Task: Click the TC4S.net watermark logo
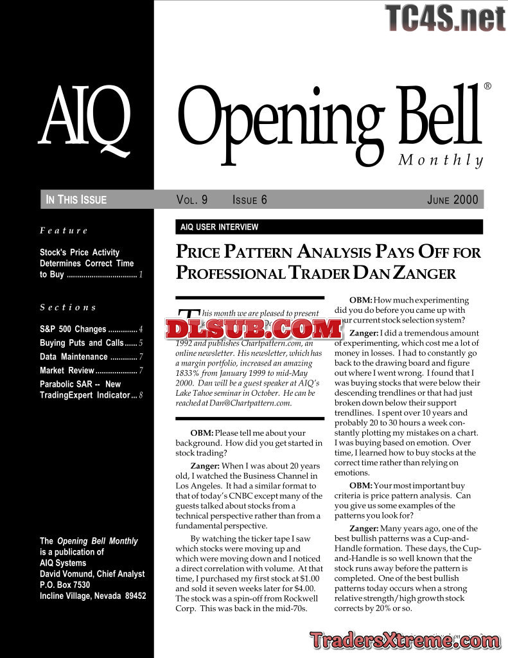click(446, 17)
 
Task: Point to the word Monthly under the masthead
click(440, 160)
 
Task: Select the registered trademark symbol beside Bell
click(487, 86)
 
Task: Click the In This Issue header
click(76, 200)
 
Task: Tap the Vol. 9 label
click(191, 200)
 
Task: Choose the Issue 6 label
click(249, 200)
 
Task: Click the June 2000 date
click(452, 200)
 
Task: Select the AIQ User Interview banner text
click(219, 227)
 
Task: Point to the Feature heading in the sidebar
click(64, 230)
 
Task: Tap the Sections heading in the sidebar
click(67, 307)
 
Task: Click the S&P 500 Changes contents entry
click(73, 329)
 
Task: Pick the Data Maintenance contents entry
click(74, 357)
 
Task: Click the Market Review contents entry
click(67, 370)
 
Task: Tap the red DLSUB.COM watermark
click(253, 329)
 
